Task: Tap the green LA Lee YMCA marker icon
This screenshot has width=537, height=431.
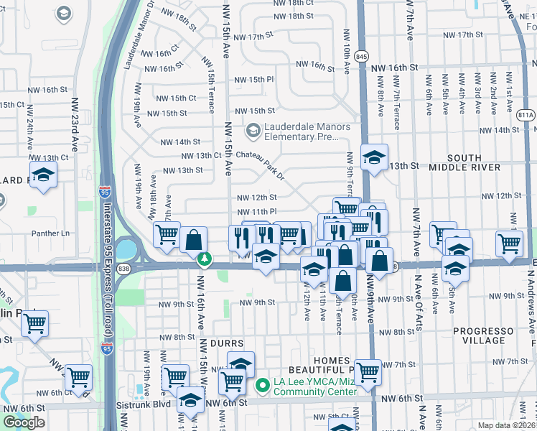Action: click(x=262, y=386)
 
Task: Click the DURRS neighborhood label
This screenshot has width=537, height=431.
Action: click(x=228, y=344)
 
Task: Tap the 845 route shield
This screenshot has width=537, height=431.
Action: click(x=361, y=56)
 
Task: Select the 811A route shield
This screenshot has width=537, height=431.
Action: click(x=526, y=114)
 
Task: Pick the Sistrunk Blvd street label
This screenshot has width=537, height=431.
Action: click(x=143, y=404)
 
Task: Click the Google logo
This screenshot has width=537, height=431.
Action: click(x=24, y=422)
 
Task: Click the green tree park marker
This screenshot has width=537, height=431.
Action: click(x=205, y=258)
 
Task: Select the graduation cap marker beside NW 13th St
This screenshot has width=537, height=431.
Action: click(x=374, y=157)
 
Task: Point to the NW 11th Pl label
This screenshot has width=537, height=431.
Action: click(x=257, y=212)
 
